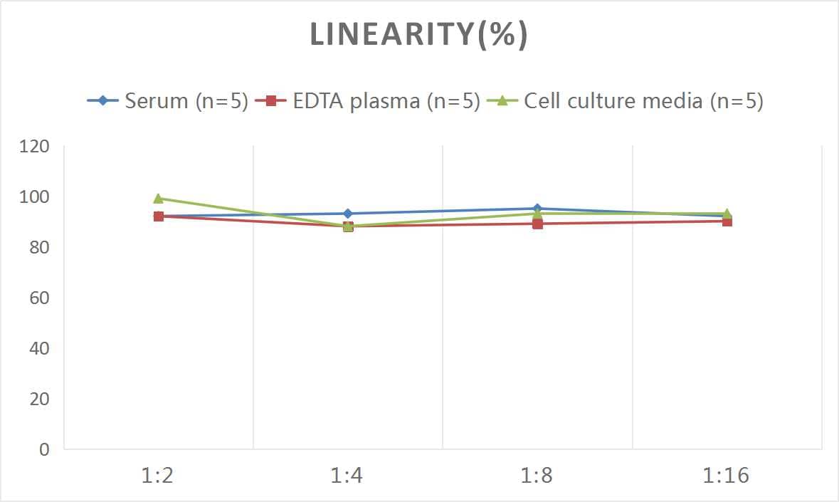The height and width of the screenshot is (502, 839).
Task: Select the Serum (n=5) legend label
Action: (186, 101)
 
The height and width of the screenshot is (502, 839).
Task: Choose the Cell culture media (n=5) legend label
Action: (643, 101)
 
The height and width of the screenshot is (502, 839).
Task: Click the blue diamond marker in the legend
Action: (103, 101)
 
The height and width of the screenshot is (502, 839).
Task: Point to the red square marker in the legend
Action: (270, 101)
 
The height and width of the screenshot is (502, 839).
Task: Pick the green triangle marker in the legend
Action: (502, 101)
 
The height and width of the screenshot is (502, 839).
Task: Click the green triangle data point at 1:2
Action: (159, 199)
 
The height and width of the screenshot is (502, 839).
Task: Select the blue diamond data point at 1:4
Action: (348, 214)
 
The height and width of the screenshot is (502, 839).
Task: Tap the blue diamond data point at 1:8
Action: (537, 209)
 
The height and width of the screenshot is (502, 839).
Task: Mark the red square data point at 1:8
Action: (537, 224)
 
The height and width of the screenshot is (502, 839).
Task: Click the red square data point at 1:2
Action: (159, 216)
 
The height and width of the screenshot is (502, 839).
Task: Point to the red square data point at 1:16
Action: (727, 221)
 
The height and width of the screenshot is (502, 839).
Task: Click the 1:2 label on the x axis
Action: (158, 476)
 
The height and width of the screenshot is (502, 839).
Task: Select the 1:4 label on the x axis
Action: (347, 476)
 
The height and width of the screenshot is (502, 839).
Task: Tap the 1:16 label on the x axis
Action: (727, 476)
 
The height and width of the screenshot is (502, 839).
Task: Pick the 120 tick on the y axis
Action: (35, 147)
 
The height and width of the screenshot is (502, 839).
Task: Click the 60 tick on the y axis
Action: (40, 298)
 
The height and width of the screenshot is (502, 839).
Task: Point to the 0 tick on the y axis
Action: (45, 449)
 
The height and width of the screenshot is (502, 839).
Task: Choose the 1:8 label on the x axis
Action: (537, 476)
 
